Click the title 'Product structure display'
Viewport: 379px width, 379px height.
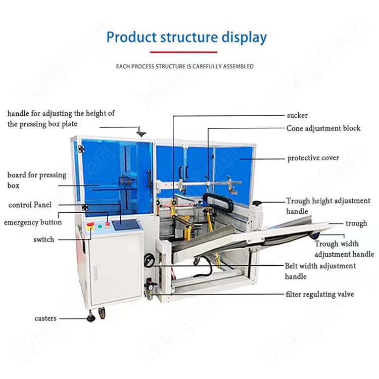coord(186,37)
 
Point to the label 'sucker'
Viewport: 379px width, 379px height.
coord(297,115)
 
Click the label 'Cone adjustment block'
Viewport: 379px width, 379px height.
coord(323,128)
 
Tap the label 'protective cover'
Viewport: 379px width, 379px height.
coord(313,158)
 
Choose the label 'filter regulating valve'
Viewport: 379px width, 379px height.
coord(320,294)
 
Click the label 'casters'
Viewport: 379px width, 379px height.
coord(45,318)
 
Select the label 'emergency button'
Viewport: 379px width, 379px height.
coord(33,222)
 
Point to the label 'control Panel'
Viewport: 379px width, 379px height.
coord(30,205)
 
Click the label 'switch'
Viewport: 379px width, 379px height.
coord(43,239)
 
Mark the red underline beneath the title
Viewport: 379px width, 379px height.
coord(183,52)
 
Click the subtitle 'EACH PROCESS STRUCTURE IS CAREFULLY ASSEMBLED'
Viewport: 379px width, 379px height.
coord(185,66)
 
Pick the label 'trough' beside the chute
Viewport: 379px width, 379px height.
coord(356,223)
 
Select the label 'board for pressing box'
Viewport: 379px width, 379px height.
coord(36,180)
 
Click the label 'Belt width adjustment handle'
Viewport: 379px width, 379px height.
coord(320,271)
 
